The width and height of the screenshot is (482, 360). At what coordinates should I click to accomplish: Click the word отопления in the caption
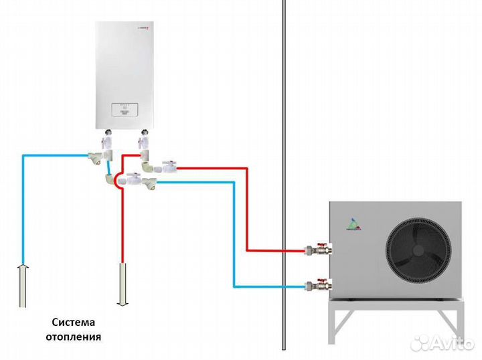point(74,337)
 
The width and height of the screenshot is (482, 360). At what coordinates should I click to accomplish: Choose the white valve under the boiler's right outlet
point(143,143)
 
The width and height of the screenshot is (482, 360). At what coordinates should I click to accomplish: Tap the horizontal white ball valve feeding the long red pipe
point(168,166)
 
